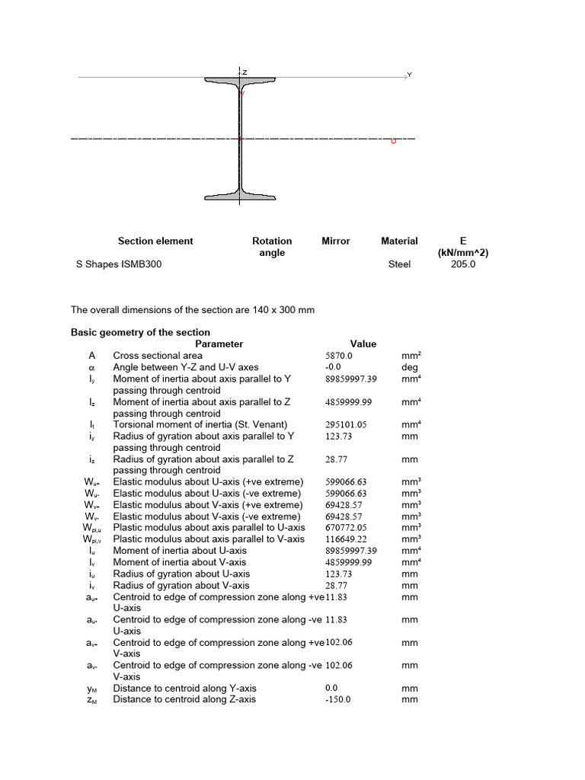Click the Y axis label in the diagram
(x=409, y=75)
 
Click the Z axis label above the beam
(x=245, y=72)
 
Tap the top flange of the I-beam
(x=240, y=81)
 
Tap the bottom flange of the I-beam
(x=240, y=196)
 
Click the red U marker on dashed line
(x=393, y=141)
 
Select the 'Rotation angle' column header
(x=272, y=247)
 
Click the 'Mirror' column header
(x=336, y=241)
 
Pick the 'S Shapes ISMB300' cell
(x=115, y=264)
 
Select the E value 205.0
(x=462, y=264)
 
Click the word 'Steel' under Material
(x=399, y=264)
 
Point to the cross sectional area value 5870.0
(x=339, y=355)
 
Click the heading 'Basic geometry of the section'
(x=140, y=332)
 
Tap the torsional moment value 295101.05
(x=347, y=424)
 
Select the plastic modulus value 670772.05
(x=347, y=527)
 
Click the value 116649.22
(x=347, y=539)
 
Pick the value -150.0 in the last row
(x=338, y=699)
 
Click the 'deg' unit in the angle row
(x=410, y=366)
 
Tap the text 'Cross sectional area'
(x=158, y=355)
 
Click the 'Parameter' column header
(x=219, y=344)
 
